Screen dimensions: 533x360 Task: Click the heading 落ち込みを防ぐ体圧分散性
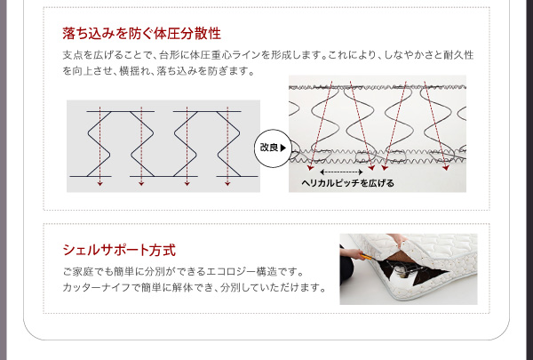(x=142, y=34)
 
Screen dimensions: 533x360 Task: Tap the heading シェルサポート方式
(x=119, y=250)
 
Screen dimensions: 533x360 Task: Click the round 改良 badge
(x=273, y=148)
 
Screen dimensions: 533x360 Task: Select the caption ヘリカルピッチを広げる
(x=347, y=183)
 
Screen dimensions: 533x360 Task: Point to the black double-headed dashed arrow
(x=341, y=172)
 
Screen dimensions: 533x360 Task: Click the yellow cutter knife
(x=366, y=257)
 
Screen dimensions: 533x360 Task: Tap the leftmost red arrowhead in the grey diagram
(x=99, y=184)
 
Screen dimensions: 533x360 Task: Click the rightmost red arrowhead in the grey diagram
(x=227, y=184)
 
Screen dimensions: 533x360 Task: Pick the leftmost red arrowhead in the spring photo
(x=310, y=168)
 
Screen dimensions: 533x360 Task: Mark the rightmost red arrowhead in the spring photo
(x=446, y=168)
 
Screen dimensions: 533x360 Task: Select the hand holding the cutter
(x=354, y=253)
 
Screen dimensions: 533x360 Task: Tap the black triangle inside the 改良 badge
(x=283, y=148)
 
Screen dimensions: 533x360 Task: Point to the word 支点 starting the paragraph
(x=72, y=55)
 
